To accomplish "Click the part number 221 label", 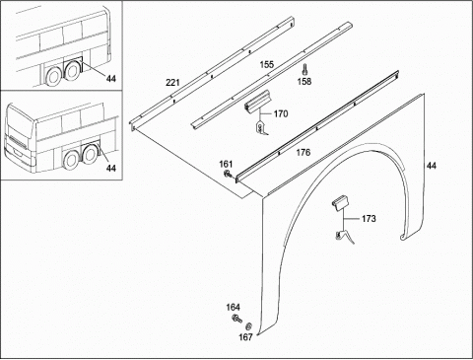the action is [x=172, y=82].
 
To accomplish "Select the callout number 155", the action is [x=267, y=64].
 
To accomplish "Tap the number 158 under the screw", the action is [x=304, y=81].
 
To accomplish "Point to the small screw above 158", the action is [x=304, y=69].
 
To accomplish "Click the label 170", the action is [x=281, y=114].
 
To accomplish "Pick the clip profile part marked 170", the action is [x=257, y=101].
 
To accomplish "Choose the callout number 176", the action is [x=303, y=153].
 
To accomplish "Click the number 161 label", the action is [x=226, y=164].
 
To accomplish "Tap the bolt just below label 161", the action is [x=228, y=174].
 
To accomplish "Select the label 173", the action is [x=369, y=219].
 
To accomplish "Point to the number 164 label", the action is [x=233, y=308].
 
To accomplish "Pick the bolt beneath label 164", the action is [x=236, y=319].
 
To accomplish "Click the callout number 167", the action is [x=245, y=337].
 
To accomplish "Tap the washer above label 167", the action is [x=249, y=326].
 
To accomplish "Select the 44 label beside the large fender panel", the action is [x=432, y=166].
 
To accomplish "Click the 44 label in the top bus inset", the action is [x=111, y=79].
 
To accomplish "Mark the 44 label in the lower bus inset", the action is [x=111, y=168].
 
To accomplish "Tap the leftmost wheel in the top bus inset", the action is [x=51, y=77].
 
